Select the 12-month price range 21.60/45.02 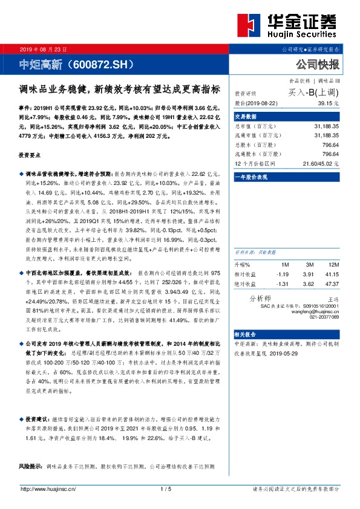[321, 164]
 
